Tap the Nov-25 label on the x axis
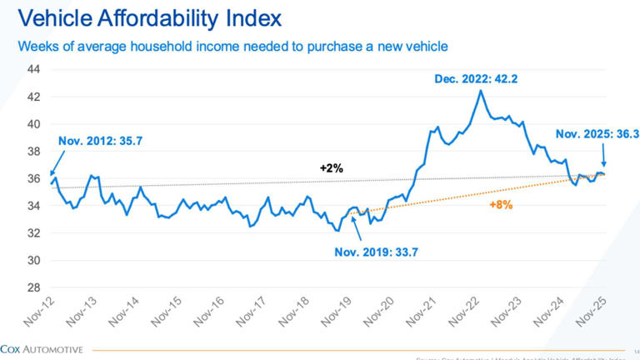tap(591, 316)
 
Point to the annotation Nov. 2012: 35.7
tap(101, 142)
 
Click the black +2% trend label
tap(332, 167)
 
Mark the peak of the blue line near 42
tap(480, 91)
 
